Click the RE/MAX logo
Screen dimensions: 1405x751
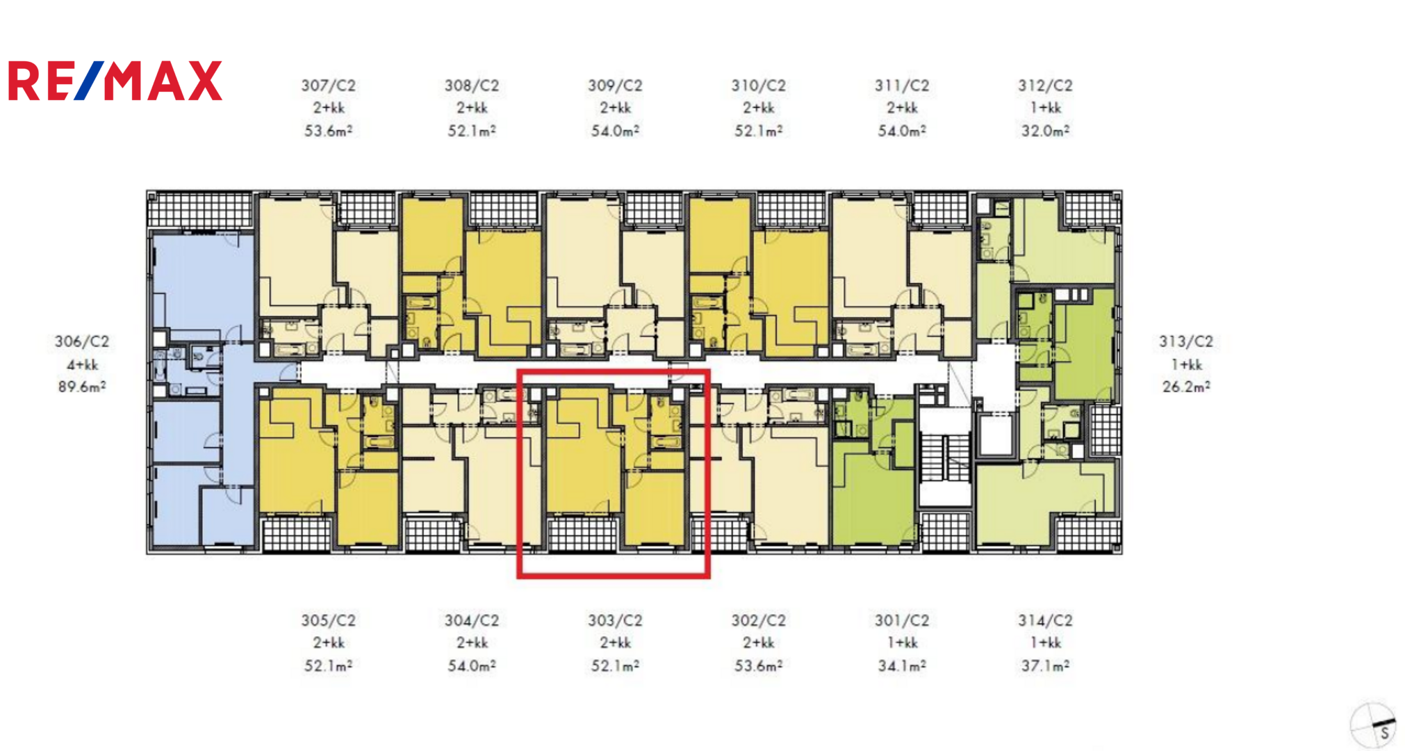[x=115, y=81]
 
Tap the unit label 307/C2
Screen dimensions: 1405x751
[x=328, y=86]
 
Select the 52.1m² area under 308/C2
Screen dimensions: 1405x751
[x=472, y=130]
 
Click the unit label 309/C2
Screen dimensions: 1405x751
[x=615, y=86]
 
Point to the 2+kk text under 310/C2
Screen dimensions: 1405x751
[x=758, y=108]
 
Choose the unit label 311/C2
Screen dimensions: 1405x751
[x=902, y=86]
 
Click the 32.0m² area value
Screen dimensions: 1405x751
[x=1045, y=130]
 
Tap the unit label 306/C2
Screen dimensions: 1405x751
[x=82, y=341]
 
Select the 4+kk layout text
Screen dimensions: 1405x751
[x=82, y=364]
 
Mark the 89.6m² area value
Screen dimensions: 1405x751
[x=82, y=387]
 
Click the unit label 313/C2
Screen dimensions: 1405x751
[x=1186, y=341]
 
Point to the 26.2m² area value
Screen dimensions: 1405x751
[x=1186, y=387]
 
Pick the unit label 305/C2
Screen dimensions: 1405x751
[x=328, y=620]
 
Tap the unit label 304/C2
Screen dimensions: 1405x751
[x=472, y=620]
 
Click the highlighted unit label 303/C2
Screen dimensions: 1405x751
[x=615, y=620]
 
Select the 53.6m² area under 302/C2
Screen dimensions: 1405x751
[x=758, y=665]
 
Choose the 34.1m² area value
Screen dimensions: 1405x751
[x=902, y=665]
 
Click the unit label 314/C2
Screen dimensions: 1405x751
[x=1045, y=620]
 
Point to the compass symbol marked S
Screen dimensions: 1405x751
[x=1373, y=725]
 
